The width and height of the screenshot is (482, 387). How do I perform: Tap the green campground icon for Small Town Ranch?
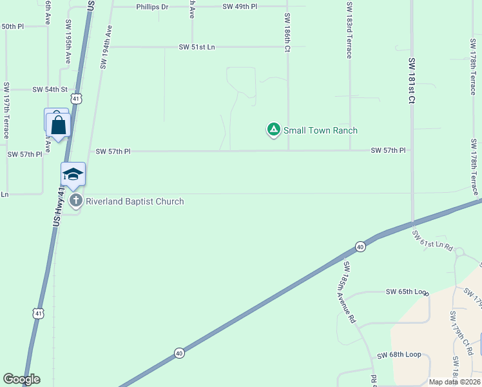tap(274, 130)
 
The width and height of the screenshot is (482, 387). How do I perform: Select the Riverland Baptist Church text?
tap(135, 201)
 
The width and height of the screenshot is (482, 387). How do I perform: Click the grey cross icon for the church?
tap(76, 201)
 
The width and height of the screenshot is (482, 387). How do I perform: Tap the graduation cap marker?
tap(73, 174)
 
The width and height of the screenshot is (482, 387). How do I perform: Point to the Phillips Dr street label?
tap(152, 6)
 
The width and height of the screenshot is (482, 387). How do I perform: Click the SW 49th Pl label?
tap(239, 6)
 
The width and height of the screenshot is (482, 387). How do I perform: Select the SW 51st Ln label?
tap(201, 47)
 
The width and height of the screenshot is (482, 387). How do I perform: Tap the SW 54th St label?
tap(50, 89)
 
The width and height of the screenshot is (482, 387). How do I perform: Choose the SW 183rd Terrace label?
tap(349, 30)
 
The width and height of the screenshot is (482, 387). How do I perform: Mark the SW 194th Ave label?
tap(106, 48)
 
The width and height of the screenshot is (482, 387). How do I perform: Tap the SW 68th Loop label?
tap(399, 355)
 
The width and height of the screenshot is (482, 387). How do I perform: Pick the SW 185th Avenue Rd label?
tap(349, 292)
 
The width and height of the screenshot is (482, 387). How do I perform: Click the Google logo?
tap(21, 379)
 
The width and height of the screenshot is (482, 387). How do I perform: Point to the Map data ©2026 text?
tap(454, 382)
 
